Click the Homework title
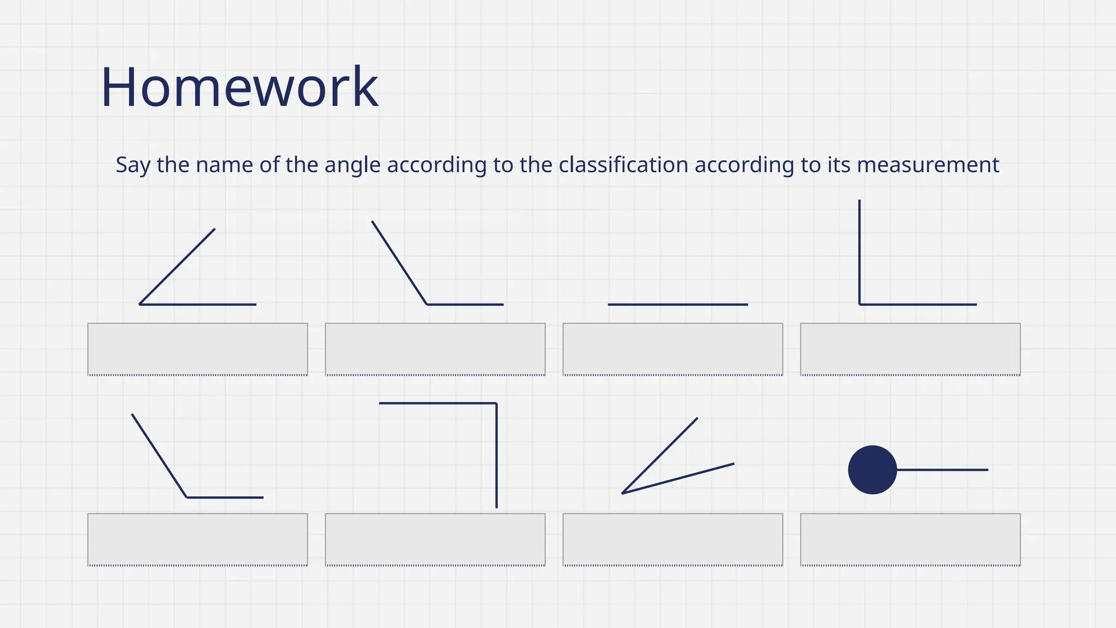pos(239,87)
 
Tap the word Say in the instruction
pos(133,165)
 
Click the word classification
pos(623,165)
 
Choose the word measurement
pos(928,165)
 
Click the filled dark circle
pos(872,470)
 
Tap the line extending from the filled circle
pos(943,470)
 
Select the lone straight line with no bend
pos(677,304)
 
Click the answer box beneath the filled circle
pos(910,539)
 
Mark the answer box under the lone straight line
pos(672,349)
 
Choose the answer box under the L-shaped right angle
pos(910,349)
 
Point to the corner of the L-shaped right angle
pos(860,304)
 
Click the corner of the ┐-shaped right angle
pos(496,403)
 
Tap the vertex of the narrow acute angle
pos(622,493)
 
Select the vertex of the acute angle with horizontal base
pos(140,304)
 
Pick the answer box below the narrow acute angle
pos(672,539)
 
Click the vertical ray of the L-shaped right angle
pos(859,251)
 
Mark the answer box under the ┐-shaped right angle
pos(435,539)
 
